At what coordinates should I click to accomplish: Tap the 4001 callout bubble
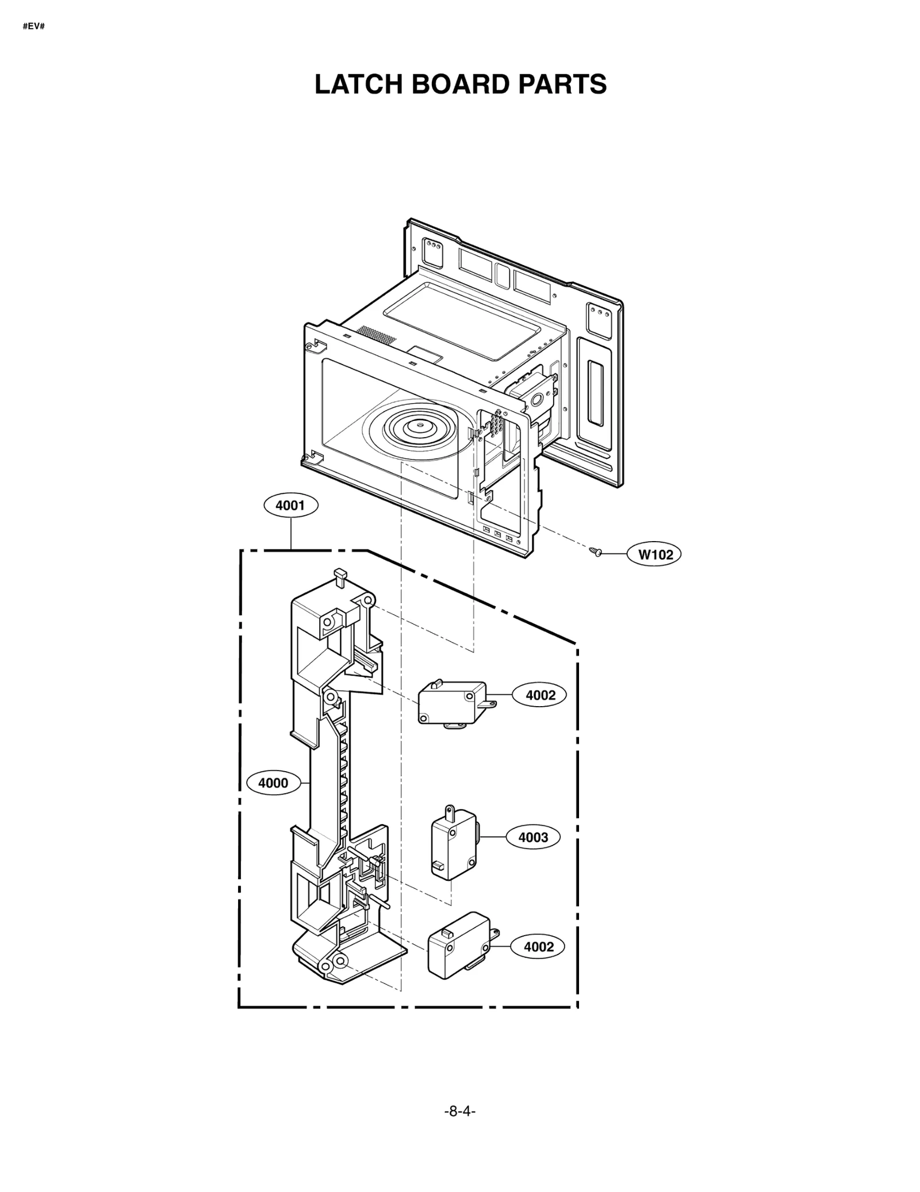(290, 505)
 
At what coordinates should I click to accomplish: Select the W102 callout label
(655, 554)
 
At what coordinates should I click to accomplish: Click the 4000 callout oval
(273, 783)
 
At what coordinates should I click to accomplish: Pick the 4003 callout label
(533, 837)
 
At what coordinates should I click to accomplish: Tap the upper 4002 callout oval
(540, 695)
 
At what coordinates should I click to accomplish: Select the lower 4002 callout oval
(538, 946)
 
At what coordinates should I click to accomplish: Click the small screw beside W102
(596, 553)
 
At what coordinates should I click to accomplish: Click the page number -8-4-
(460, 1111)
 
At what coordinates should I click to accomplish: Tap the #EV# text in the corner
(33, 26)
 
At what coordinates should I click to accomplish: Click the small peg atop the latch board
(340, 575)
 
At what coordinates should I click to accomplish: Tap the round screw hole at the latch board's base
(340, 960)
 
